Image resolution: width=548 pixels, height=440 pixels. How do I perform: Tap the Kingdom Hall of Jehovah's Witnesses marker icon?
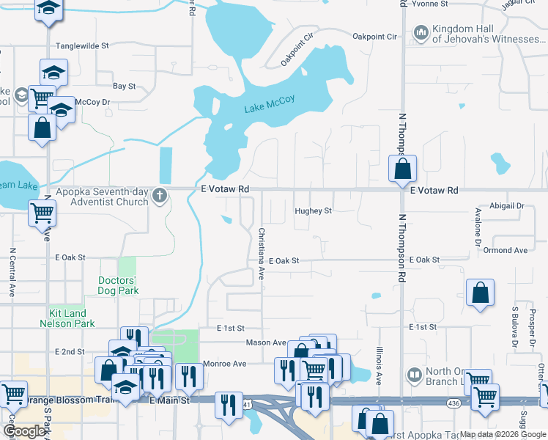pyautogui.click(x=421, y=33)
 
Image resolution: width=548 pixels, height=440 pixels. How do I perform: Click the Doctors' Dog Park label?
pyautogui.click(x=117, y=286)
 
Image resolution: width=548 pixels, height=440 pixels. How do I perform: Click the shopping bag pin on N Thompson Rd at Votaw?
pyautogui.click(x=403, y=169)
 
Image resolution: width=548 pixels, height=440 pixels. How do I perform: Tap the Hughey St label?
pyautogui.click(x=314, y=211)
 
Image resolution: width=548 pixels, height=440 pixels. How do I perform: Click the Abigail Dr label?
pyautogui.click(x=508, y=206)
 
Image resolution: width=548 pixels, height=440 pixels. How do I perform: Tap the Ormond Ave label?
pyautogui.click(x=506, y=250)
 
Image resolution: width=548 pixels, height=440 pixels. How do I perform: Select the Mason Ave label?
pyautogui.click(x=266, y=342)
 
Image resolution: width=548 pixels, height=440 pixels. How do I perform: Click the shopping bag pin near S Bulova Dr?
pyautogui.click(x=479, y=293)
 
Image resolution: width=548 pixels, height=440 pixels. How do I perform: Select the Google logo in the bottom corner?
pyautogui.click(x=24, y=431)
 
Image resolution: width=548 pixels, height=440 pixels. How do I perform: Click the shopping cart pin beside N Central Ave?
pyautogui.click(x=42, y=213)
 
